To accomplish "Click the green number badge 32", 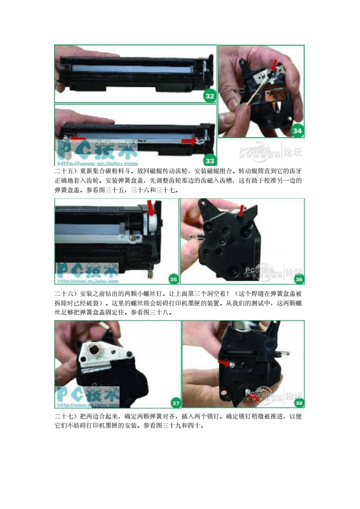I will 210,96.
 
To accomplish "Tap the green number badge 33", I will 210,160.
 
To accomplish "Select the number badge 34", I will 297,131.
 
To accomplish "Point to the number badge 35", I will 173,279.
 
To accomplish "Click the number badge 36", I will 298,279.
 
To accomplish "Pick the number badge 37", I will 175,402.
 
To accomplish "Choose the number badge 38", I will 299,402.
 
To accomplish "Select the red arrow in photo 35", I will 151,208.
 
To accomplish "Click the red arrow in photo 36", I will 241,210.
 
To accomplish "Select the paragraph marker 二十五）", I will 66,172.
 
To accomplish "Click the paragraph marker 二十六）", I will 66,293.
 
